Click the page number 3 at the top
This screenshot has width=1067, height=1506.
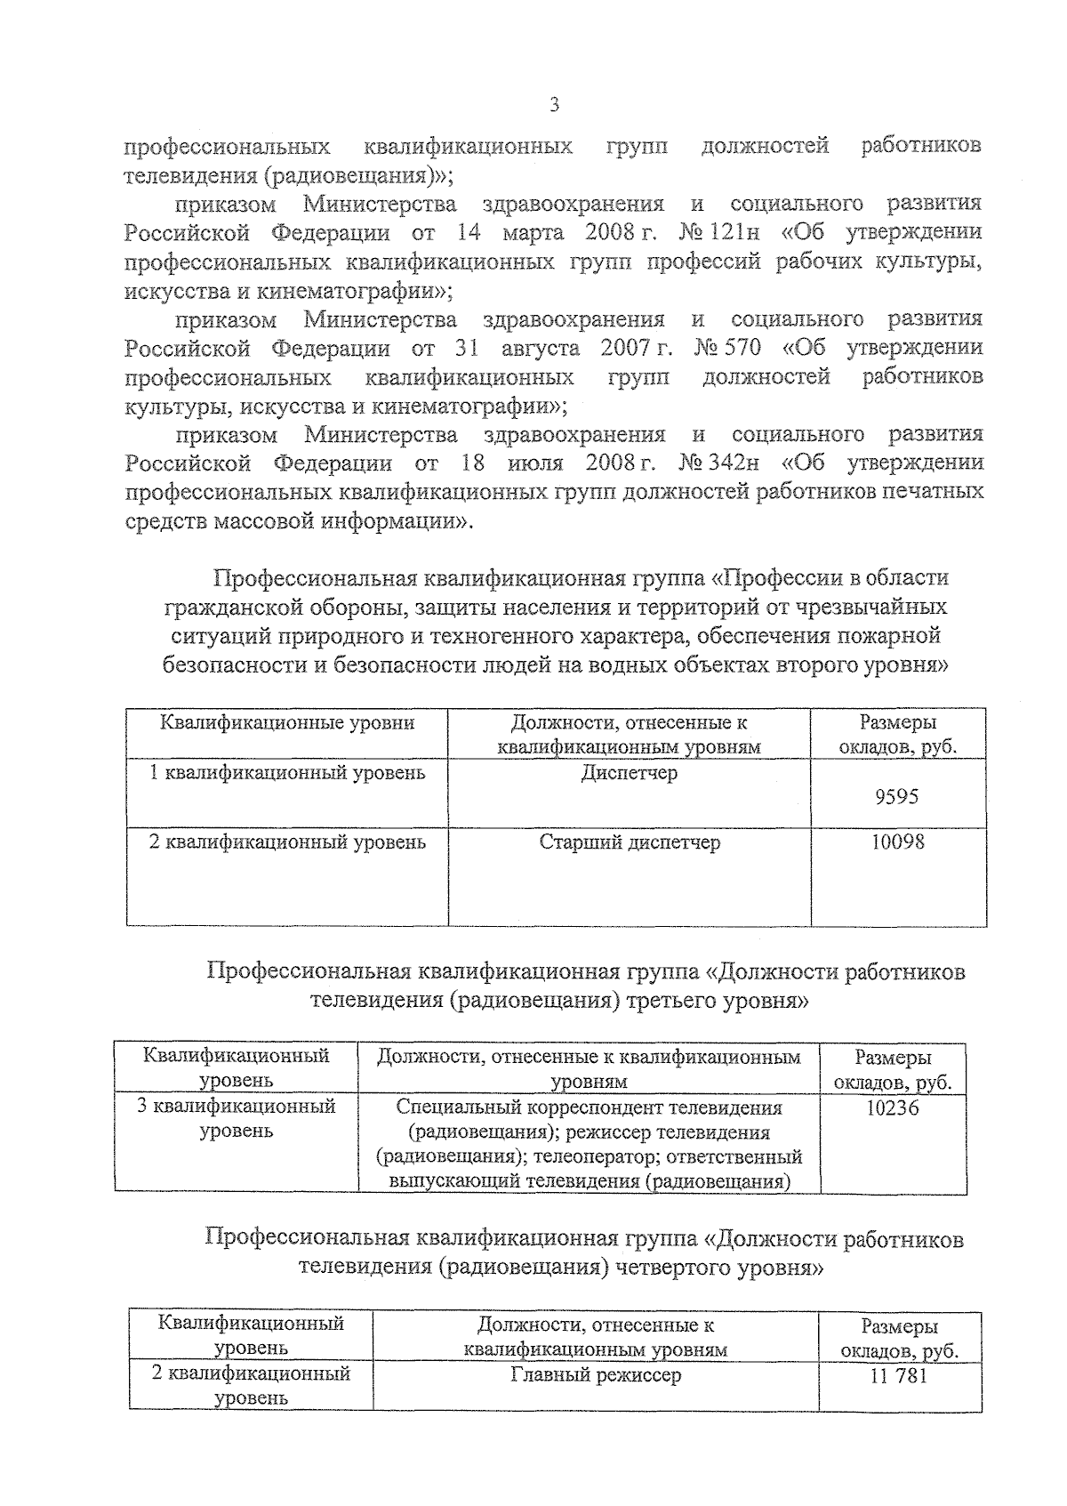(x=554, y=107)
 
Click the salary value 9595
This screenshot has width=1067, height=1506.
(x=897, y=797)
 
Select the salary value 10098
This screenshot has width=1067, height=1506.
(x=897, y=842)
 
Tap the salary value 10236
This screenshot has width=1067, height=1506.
(x=893, y=1108)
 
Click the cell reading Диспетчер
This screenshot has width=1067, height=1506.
(x=629, y=773)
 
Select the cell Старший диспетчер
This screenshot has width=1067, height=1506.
(x=629, y=842)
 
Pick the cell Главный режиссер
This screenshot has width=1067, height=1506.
(x=596, y=1375)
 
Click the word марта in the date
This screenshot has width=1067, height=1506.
(x=532, y=233)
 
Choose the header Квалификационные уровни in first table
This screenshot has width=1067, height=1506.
(x=286, y=722)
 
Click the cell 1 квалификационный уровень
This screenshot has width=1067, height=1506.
(x=286, y=773)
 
